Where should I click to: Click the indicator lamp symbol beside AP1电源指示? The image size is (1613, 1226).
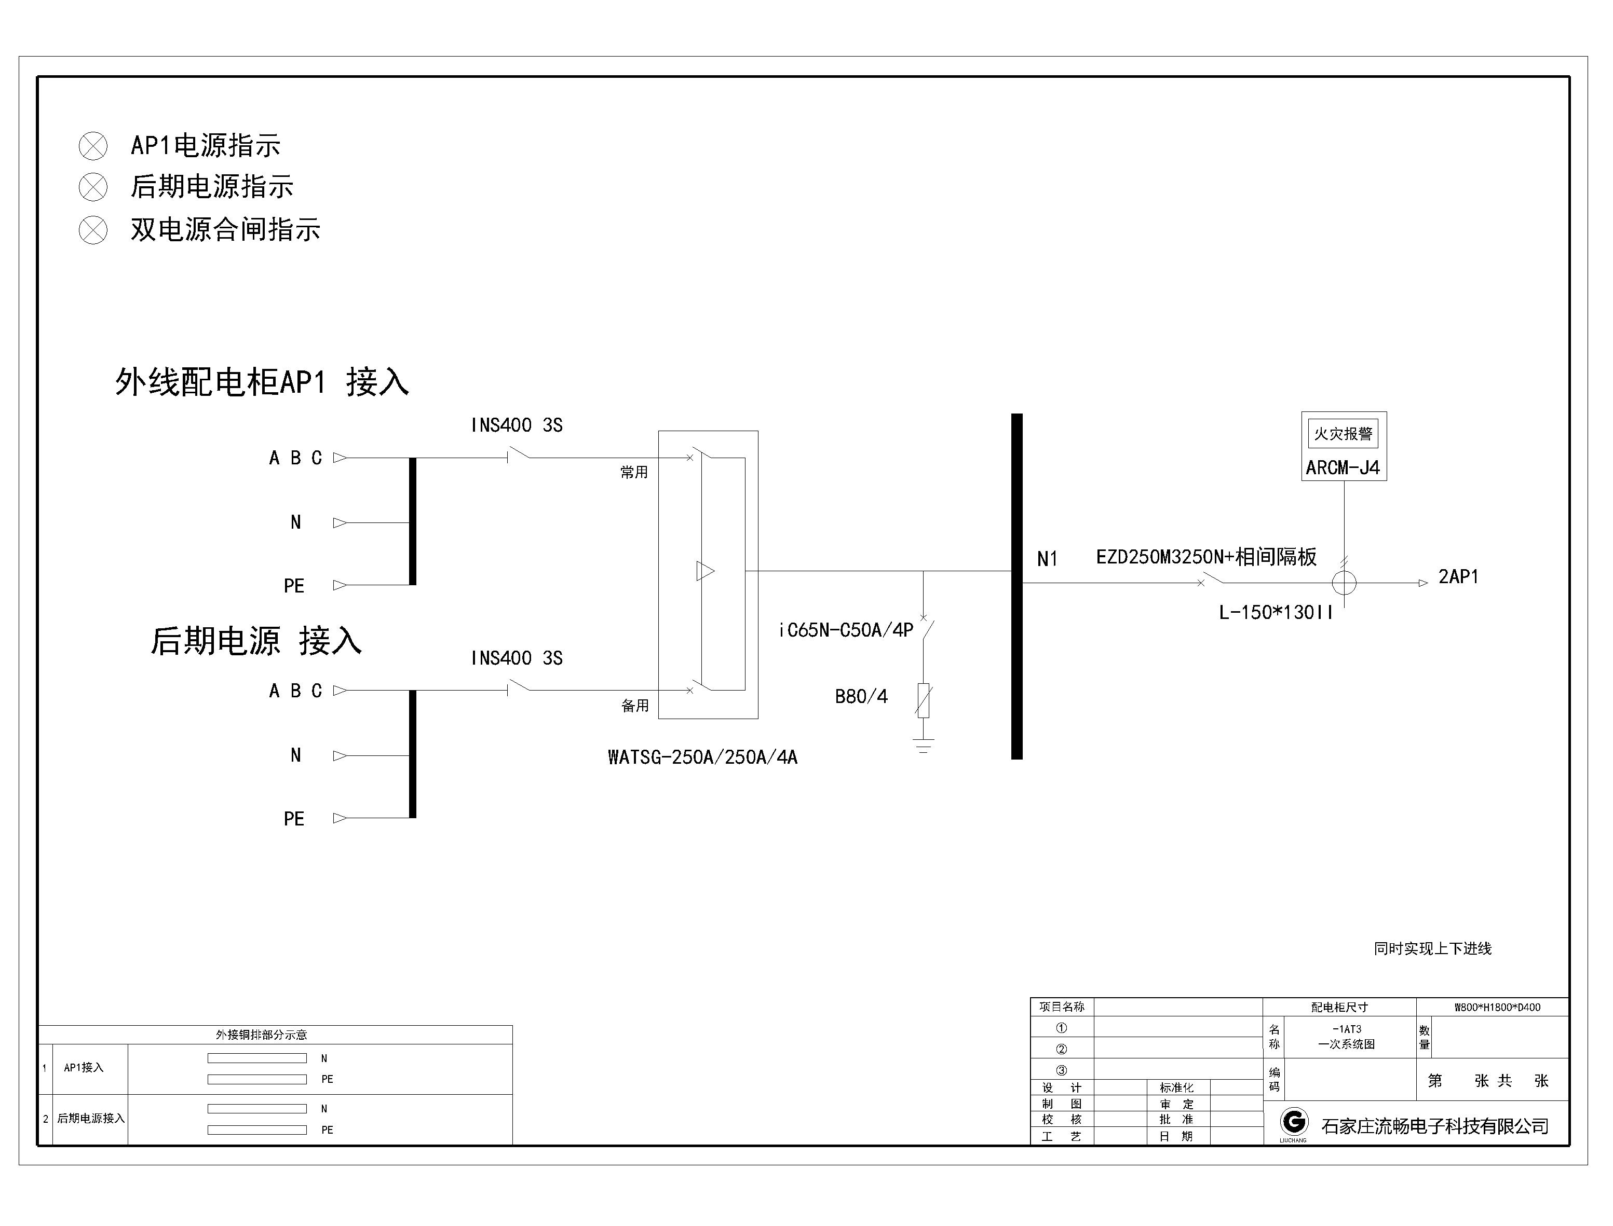coord(93,146)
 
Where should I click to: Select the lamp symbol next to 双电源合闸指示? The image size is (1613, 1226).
coord(93,230)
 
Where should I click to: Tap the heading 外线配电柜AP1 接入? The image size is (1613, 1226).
coord(262,382)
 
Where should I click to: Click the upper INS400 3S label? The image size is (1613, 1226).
coord(516,425)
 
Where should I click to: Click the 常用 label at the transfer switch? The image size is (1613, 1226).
coord(634,473)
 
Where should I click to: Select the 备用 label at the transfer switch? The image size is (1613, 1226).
coord(634,706)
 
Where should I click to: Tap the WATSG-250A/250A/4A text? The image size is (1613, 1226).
coord(702,757)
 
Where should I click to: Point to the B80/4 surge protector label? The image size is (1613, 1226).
coord(861,697)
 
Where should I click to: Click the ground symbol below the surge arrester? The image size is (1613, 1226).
coord(923,746)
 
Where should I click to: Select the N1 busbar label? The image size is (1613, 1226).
coord(1047,559)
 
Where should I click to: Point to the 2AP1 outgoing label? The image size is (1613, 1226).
coord(1458,576)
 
